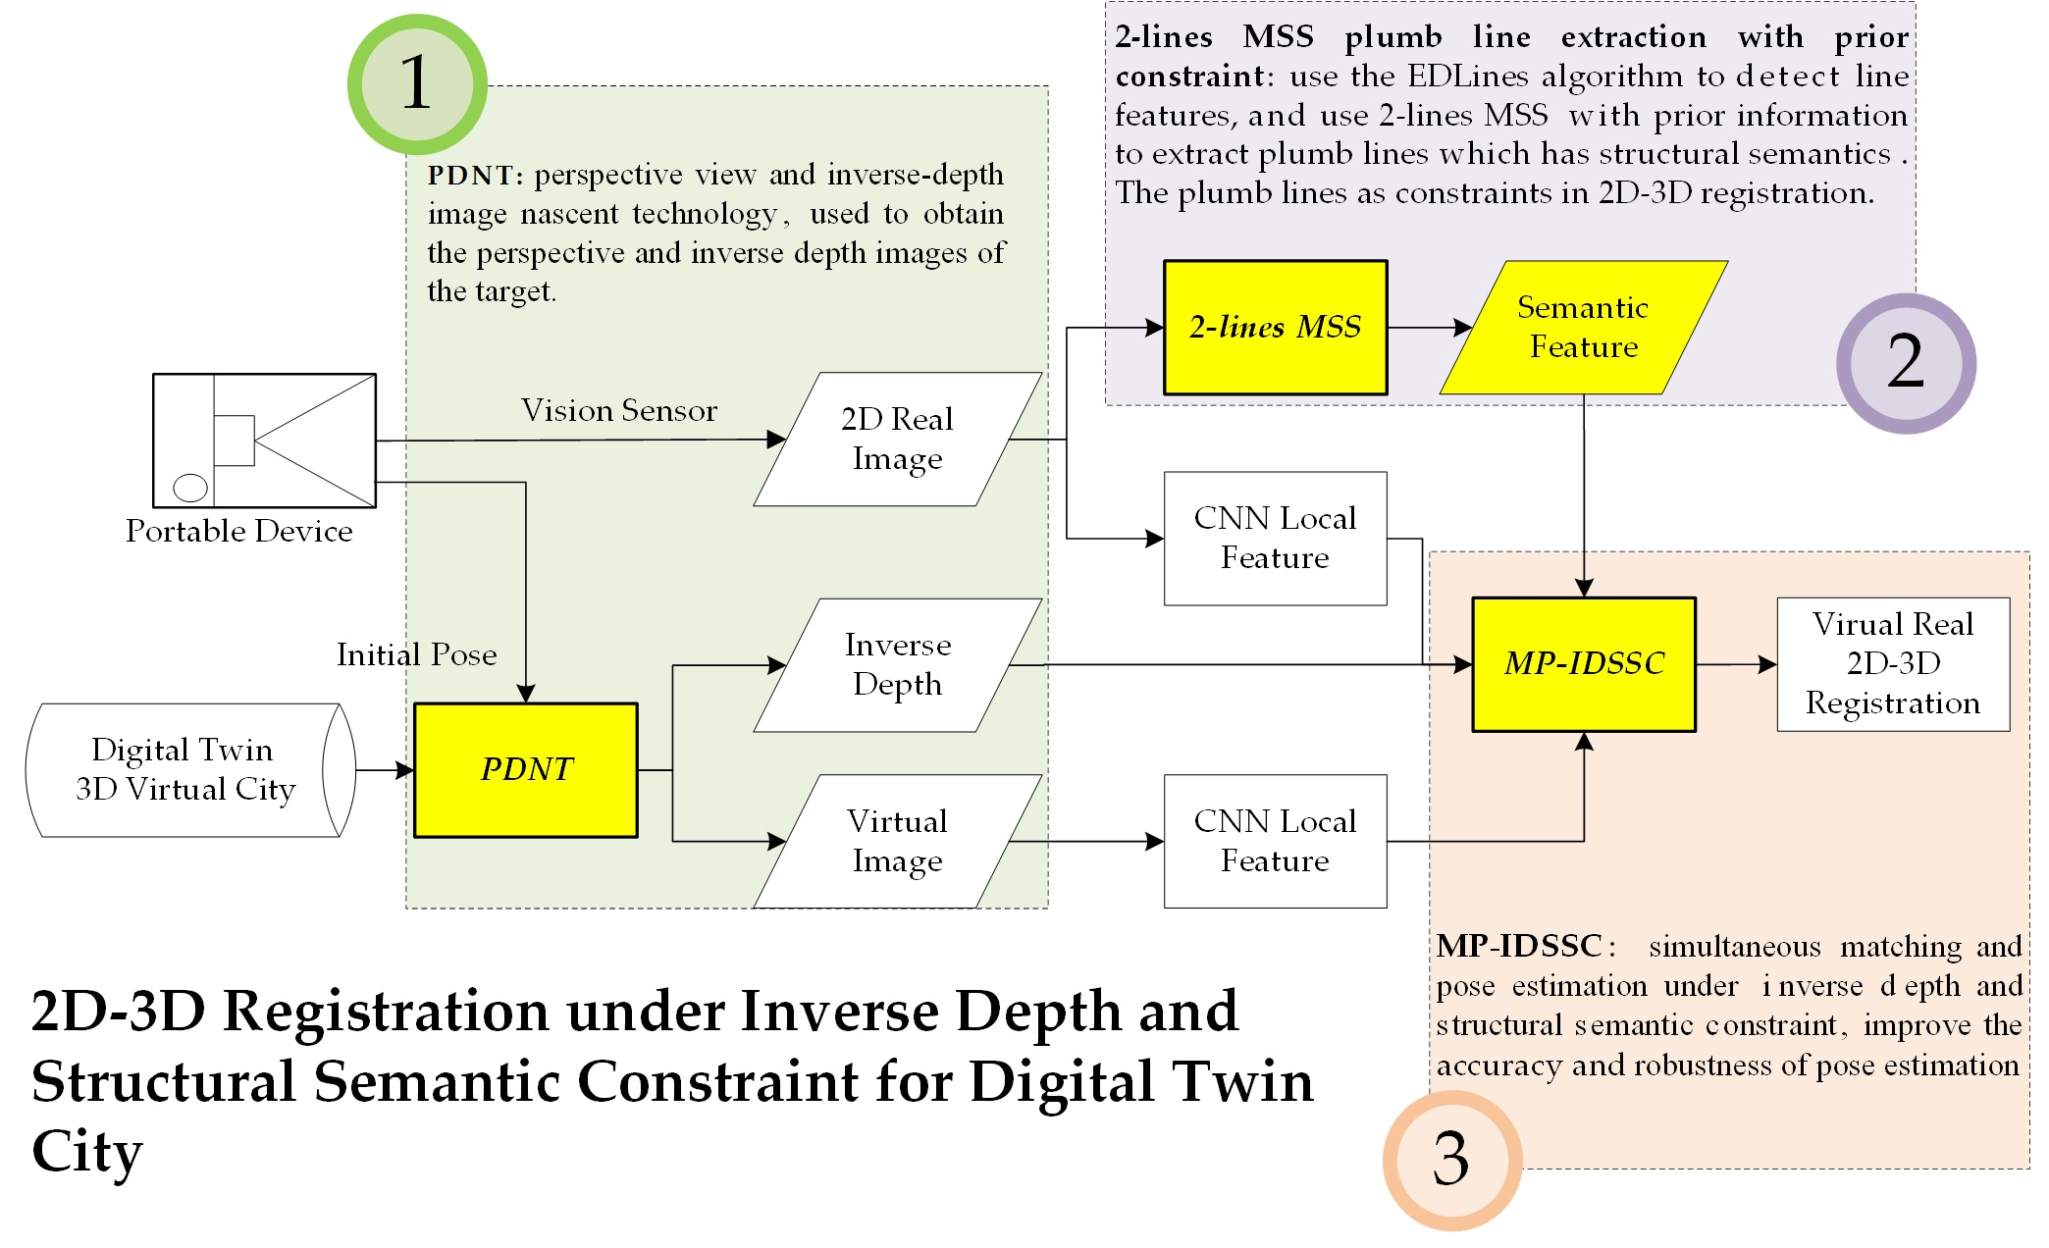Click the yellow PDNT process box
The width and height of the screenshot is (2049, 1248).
[x=526, y=770]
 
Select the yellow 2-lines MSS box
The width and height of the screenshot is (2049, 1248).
[x=1275, y=328]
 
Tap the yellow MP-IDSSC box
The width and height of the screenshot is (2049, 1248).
[x=1584, y=664]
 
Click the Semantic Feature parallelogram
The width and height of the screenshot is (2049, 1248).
[x=1583, y=328]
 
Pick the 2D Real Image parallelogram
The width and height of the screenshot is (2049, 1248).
[x=897, y=440]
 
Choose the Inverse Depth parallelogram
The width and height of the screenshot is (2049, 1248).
[x=897, y=665]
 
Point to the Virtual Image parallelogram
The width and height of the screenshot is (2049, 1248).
[x=897, y=841]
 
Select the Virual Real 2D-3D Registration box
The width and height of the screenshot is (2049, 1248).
[x=1893, y=664]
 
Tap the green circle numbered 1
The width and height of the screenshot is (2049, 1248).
[x=417, y=84]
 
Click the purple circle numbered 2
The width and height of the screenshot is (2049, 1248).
[x=1906, y=363]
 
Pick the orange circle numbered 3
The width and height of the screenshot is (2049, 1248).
[x=1451, y=1160]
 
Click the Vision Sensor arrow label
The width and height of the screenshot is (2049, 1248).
[x=618, y=410]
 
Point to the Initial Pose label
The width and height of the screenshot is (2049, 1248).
[x=416, y=654]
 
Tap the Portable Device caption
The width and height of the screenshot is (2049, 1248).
[x=238, y=531]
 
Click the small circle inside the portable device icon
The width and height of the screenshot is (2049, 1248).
[x=190, y=487]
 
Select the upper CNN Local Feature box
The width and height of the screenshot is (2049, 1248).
[x=1275, y=539]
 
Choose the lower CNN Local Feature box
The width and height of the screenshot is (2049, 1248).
[x=1275, y=841]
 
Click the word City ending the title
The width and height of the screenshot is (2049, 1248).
[x=86, y=1152]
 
